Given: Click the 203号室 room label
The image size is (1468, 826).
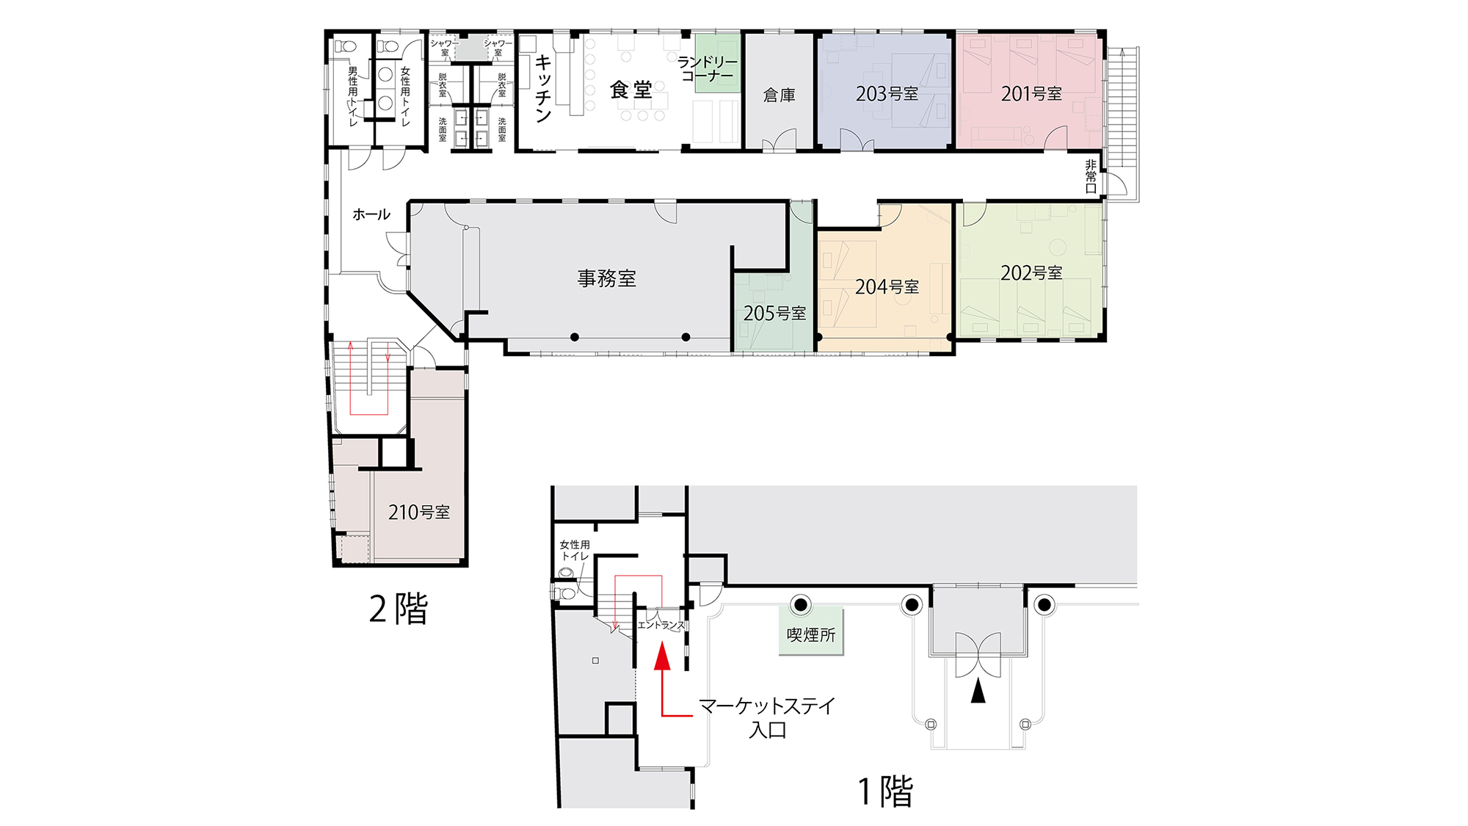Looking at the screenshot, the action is click(887, 94).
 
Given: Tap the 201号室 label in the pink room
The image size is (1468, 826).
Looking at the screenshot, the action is click(1031, 94).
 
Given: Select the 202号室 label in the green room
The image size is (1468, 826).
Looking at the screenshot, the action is click(1031, 273).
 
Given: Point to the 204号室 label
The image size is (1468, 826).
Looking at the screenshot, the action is click(887, 287).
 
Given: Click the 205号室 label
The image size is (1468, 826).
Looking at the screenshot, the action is click(774, 314).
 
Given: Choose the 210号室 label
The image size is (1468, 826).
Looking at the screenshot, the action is click(419, 512).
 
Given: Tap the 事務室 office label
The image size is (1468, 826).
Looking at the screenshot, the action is click(606, 278).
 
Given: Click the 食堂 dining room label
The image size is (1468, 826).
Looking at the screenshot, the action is click(631, 90).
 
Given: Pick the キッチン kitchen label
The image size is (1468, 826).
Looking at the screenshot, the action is click(543, 88).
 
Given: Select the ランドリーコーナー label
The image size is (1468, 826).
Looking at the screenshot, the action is click(708, 69).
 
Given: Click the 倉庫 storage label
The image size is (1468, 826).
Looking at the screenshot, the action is click(780, 95).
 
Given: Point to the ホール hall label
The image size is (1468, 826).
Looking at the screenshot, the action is click(371, 214).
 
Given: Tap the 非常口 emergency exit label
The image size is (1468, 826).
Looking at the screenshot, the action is click(1091, 177).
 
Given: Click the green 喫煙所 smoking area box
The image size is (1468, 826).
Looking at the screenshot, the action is click(811, 631).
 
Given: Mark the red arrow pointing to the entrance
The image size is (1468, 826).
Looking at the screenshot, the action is click(663, 679).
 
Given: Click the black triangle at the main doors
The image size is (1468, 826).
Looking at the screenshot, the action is click(978, 692).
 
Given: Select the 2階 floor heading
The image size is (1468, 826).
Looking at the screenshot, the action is click(399, 609).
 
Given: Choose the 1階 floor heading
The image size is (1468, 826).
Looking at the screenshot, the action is click(885, 791).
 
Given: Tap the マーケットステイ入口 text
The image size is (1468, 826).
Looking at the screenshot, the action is click(767, 718).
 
